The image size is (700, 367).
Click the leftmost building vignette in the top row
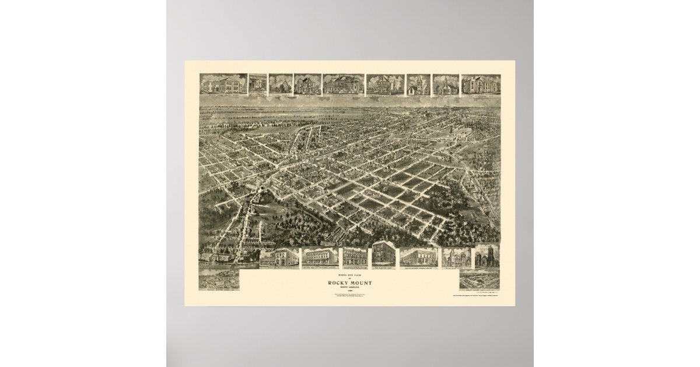click(x=223, y=84)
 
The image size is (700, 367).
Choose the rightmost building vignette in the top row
click(x=481, y=84)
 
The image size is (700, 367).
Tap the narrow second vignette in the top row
click(x=257, y=84)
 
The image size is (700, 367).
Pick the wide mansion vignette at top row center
click(x=343, y=84)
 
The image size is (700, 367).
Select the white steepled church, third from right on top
click(x=418, y=84)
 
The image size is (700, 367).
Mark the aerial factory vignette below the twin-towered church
click(x=479, y=279)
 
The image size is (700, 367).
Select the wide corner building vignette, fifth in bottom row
click(x=418, y=257)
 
